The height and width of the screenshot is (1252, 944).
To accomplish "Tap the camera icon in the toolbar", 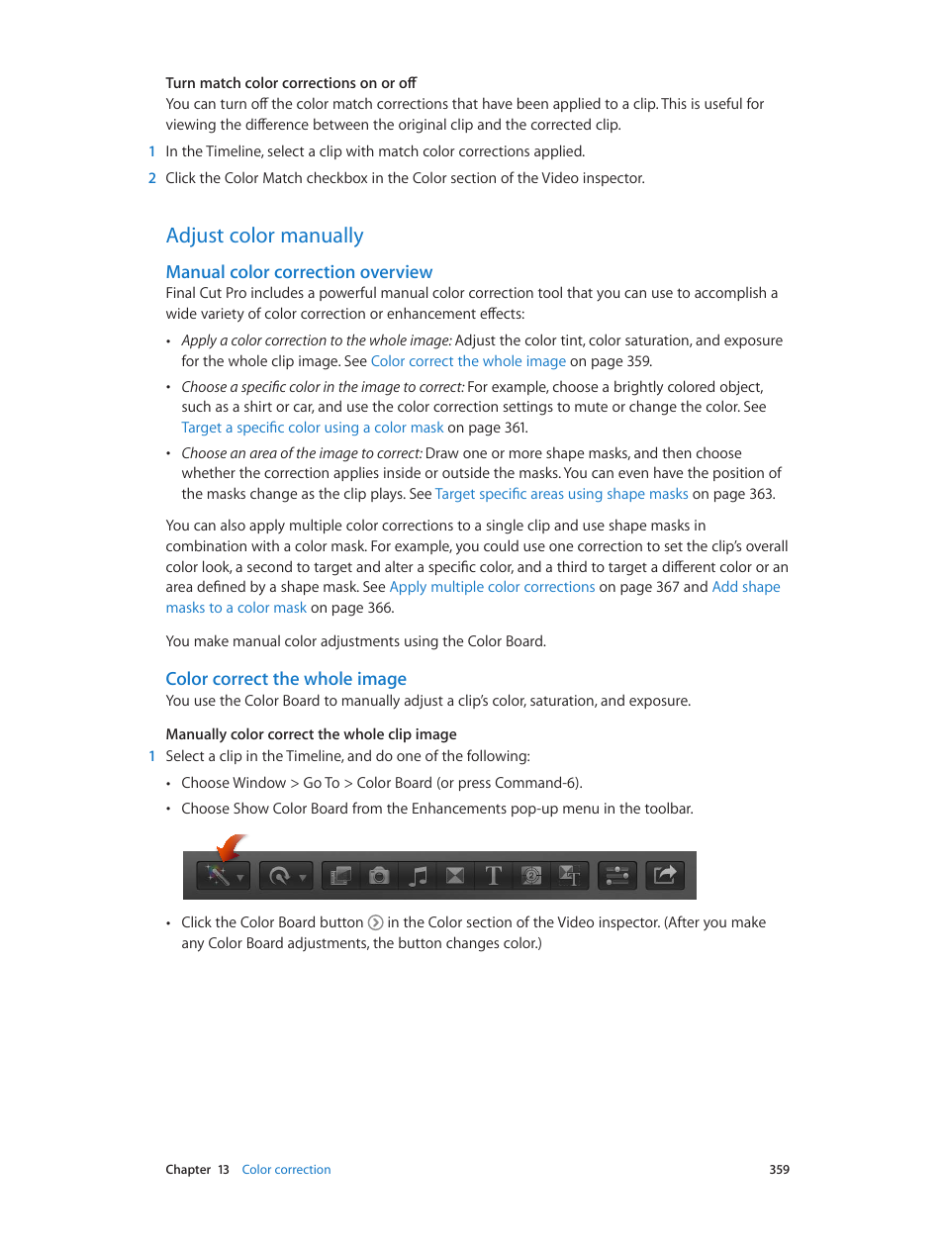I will (378, 876).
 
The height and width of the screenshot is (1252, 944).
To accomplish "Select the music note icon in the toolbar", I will (418, 876).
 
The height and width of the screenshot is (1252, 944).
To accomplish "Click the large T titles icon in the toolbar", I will (493, 876).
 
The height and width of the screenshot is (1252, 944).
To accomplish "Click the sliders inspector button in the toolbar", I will (616, 876).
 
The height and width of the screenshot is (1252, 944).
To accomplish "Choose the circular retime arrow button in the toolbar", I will (280, 876).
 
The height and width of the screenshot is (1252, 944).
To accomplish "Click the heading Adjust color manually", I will (264, 236).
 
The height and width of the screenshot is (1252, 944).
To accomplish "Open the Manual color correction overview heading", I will (299, 272).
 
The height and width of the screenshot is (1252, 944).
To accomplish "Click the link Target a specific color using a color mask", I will (312, 428).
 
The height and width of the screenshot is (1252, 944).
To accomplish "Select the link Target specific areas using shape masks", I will (561, 494).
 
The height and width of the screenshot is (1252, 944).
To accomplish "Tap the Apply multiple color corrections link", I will (492, 587).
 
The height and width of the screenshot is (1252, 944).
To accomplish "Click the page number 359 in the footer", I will (779, 1170).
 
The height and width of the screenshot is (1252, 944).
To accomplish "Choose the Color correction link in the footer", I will (286, 1170).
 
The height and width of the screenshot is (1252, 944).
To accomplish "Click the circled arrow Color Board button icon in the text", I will (376, 922).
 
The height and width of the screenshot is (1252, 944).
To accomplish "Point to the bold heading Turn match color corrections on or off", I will (291, 83).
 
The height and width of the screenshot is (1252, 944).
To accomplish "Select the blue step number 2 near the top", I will (152, 178).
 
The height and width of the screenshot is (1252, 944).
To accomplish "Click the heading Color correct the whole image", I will (286, 679).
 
